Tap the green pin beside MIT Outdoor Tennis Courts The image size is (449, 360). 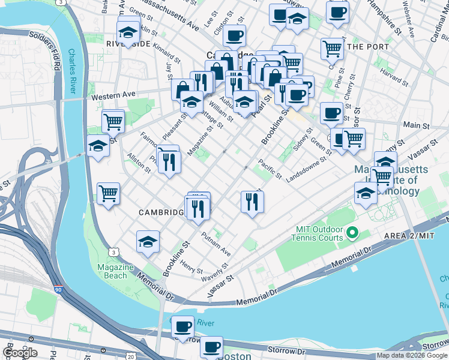[352, 232]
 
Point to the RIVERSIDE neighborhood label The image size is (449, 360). [127, 44]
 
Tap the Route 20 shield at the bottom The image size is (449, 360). [131, 356]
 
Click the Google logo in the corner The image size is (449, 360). [20, 353]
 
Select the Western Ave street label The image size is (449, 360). [112, 95]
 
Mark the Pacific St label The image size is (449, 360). [270, 169]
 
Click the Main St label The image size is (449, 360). [417, 125]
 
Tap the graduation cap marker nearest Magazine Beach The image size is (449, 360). [148, 242]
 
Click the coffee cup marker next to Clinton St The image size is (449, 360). [234, 35]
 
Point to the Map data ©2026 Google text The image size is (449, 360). [412, 355]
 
